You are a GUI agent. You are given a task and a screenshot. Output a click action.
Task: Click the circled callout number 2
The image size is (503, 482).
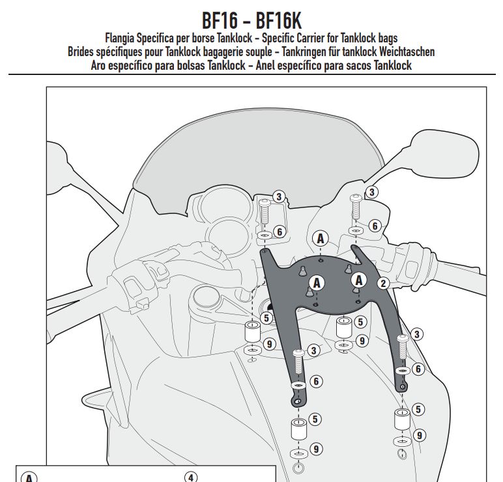tap(383, 282)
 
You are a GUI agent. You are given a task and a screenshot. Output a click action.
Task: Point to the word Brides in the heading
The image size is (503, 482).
tap(83, 52)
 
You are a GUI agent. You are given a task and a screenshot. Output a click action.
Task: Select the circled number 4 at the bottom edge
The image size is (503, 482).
tap(191, 477)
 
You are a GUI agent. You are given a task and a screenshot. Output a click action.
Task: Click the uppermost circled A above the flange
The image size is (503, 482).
tap(320, 239)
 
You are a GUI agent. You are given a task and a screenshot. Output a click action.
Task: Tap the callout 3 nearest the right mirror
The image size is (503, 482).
tap(371, 192)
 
